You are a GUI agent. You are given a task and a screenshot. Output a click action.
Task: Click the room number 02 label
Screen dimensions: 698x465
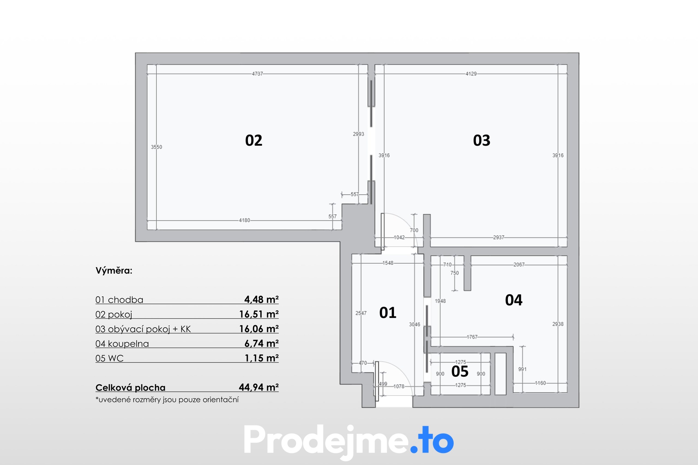(254, 141)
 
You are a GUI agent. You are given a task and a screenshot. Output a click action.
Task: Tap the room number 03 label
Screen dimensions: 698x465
(482, 141)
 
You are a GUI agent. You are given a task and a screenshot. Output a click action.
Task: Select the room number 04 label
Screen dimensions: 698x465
(514, 300)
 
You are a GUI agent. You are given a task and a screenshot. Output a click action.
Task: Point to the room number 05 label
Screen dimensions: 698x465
(460, 372)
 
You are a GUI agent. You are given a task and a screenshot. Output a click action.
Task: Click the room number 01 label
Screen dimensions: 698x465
(388, 313)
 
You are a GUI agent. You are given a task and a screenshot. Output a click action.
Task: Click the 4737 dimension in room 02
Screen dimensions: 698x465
(257, 74)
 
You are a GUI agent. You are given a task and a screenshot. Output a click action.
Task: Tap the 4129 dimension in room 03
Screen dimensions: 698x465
(471, 74)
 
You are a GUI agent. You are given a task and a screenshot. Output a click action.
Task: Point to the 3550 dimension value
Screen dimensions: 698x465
(157, 147)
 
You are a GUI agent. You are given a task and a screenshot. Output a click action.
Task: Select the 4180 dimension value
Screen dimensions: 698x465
(245, 220)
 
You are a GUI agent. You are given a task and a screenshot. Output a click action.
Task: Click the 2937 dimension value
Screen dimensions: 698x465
(499, 237)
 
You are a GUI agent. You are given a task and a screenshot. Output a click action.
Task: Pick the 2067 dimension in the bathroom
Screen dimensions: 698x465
(519, 264)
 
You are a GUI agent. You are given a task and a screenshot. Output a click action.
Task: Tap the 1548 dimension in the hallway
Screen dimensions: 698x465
(388, 263)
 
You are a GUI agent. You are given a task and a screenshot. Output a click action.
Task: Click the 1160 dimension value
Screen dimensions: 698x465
(541, 383)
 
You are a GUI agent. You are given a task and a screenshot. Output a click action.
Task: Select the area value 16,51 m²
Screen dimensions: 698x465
(259, 314)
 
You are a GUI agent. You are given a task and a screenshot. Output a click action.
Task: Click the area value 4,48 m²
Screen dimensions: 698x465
(261, 299)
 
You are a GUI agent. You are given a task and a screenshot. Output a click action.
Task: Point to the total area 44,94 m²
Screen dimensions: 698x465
(259, 387)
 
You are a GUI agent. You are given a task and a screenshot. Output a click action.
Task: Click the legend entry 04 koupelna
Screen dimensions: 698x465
(122, 344)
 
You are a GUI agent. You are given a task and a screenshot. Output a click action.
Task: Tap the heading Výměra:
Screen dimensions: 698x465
(114, 271)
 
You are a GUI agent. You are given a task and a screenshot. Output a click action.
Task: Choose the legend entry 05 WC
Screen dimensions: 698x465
(109, 358)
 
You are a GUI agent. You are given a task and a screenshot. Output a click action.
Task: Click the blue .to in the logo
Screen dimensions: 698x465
(432, 441)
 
